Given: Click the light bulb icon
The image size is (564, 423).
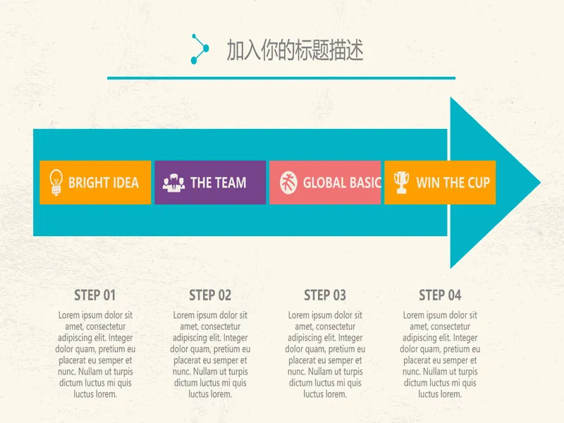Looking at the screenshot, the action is [x=56, y=183].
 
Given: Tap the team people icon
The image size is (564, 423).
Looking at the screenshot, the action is [x=173, y=183].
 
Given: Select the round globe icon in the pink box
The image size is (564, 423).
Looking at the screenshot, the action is [x=288, y=183].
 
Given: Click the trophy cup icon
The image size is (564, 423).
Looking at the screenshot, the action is [x=401, y=183].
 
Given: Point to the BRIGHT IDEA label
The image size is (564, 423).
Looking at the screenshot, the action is [x=104, y=183].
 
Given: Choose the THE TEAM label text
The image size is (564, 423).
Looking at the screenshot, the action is [x=219, y=183].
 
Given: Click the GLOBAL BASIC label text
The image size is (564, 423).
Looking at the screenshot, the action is [x=342, y=183].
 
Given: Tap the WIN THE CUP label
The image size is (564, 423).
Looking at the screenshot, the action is [x=453, y=183].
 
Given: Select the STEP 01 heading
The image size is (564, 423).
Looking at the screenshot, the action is [x=95, y=295].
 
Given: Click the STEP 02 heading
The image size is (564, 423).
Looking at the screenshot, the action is [x=210, y=295].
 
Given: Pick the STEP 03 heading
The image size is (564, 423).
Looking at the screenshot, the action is [x=325, y=295].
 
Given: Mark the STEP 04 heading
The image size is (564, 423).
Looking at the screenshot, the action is [x=440, y=295].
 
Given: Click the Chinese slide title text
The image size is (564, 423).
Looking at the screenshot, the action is [x=295, y=50].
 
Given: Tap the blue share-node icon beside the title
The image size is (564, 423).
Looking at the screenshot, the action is [x=200, y=49].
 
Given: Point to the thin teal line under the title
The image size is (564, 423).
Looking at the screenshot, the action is [x=281, y=78].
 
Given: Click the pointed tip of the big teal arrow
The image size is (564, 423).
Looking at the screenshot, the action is [x=540, y=183].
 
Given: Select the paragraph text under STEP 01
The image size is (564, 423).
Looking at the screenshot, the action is [x=95, y=355].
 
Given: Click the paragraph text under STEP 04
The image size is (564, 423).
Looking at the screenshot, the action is [x=440, y=355].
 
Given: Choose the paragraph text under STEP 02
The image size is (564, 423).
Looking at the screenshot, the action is [x=210, y=355].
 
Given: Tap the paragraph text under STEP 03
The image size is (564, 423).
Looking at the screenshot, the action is [x=325, y=355].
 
